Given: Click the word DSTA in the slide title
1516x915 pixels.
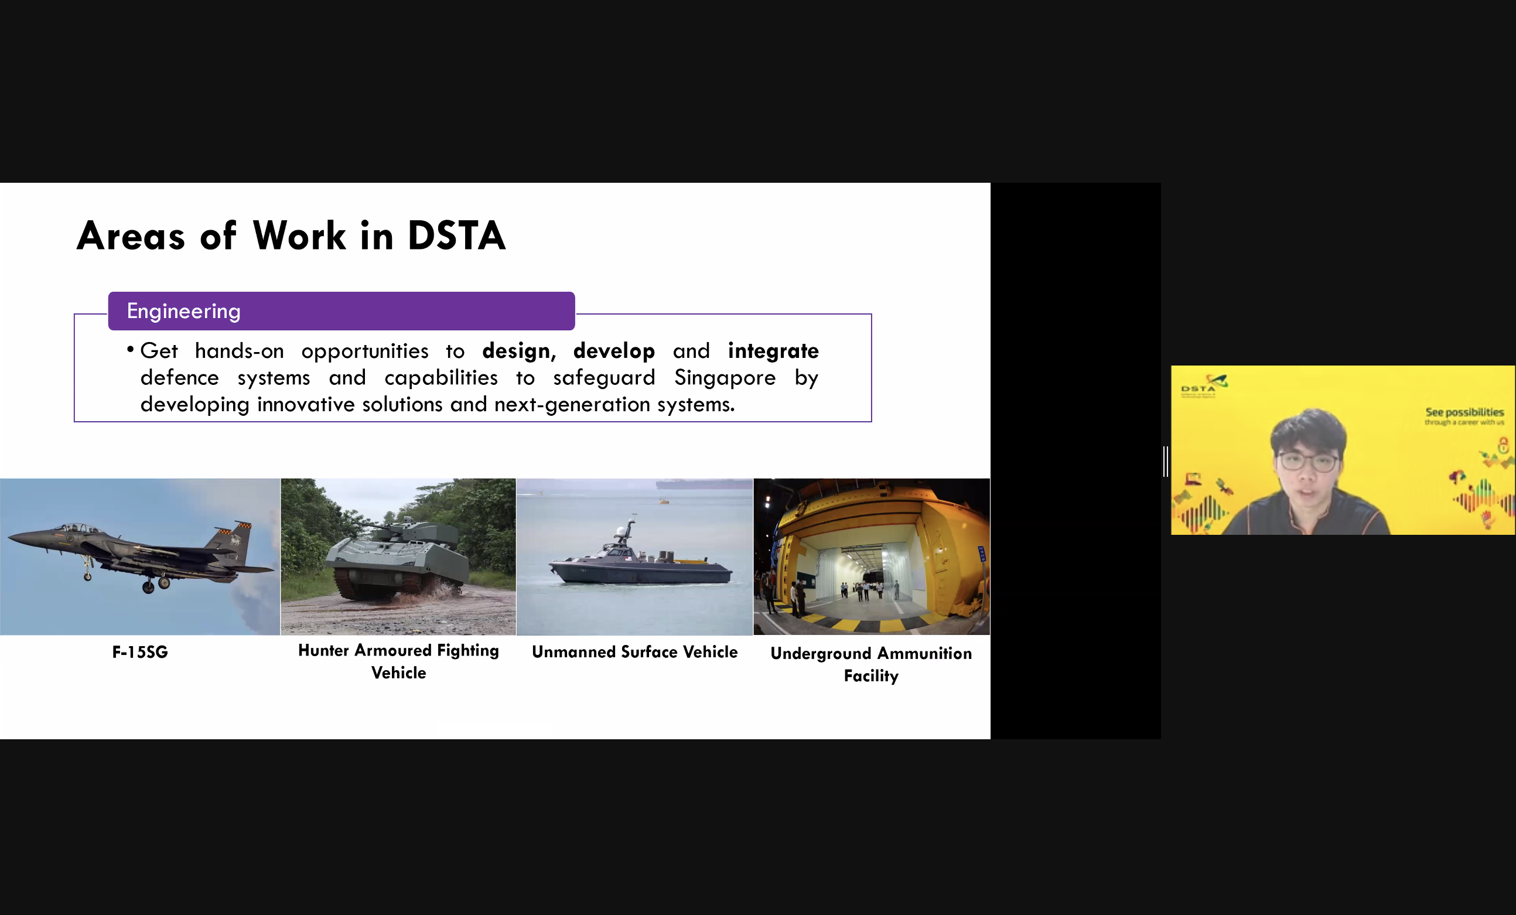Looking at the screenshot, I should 456,235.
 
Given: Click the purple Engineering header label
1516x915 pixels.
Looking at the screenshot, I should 183,310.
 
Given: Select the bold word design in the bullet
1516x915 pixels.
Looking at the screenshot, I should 515,351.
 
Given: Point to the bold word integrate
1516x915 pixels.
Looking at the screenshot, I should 773,351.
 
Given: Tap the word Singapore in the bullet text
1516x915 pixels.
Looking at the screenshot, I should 725,377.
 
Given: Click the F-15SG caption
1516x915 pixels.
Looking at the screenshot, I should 139,652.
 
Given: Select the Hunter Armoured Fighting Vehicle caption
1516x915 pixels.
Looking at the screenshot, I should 398,661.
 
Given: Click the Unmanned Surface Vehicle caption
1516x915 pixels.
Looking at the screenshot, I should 634,652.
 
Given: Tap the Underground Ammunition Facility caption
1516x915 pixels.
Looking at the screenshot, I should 870,664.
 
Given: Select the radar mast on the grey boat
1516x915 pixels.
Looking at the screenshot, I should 626,530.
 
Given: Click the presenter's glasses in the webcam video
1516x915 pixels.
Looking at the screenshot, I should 1306,462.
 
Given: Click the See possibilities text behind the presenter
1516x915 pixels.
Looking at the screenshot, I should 1464,412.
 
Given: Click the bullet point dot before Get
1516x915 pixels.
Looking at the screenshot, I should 131,350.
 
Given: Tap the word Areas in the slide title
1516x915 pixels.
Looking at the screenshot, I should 131,235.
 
